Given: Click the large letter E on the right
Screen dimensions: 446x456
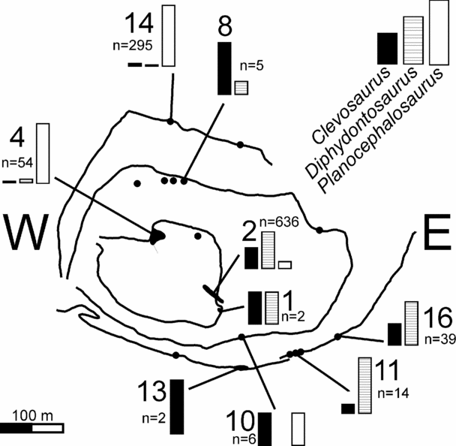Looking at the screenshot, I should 431,234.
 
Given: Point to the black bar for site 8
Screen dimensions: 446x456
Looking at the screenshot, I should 223,68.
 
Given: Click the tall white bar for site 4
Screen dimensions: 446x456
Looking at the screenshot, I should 43,153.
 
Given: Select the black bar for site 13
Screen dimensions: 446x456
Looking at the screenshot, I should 177,406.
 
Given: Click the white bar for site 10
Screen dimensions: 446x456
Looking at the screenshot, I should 298,428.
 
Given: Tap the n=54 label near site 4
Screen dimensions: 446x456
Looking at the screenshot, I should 18,160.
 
